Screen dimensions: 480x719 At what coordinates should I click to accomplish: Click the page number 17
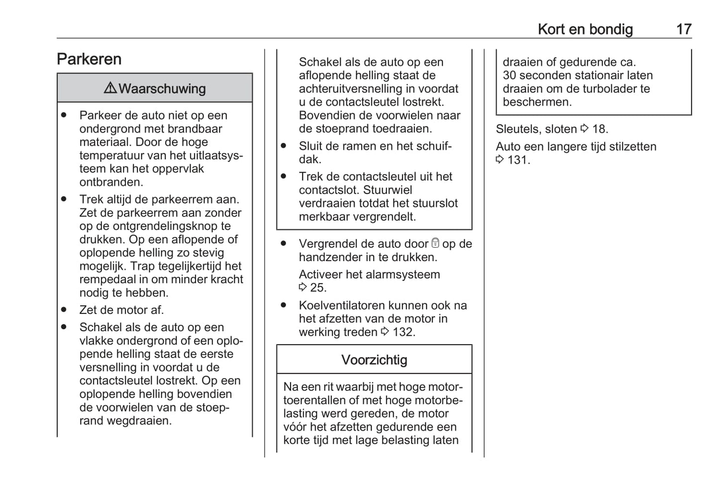pos(684,29)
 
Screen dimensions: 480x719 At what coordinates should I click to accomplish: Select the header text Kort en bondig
pos(585,29)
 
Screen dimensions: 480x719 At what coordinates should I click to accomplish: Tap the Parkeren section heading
pos(89,59)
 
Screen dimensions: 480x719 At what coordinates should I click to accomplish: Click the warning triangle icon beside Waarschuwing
pos(110,88)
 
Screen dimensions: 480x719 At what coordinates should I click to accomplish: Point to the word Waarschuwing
pos(162,89)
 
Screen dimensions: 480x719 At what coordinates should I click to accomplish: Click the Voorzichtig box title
pos(374,360)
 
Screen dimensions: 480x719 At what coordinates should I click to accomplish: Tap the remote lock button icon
pos(435,243)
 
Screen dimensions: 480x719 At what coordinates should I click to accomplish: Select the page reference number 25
pos(318,288)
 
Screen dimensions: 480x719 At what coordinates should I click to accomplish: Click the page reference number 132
pos(403,332)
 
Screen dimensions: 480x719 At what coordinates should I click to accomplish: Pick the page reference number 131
pos(518,160)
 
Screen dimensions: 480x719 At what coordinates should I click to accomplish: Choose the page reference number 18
pos(600,129)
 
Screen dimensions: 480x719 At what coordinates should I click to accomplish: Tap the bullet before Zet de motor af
pos(64,309)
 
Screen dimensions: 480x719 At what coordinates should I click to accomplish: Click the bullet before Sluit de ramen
pos(284,146)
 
